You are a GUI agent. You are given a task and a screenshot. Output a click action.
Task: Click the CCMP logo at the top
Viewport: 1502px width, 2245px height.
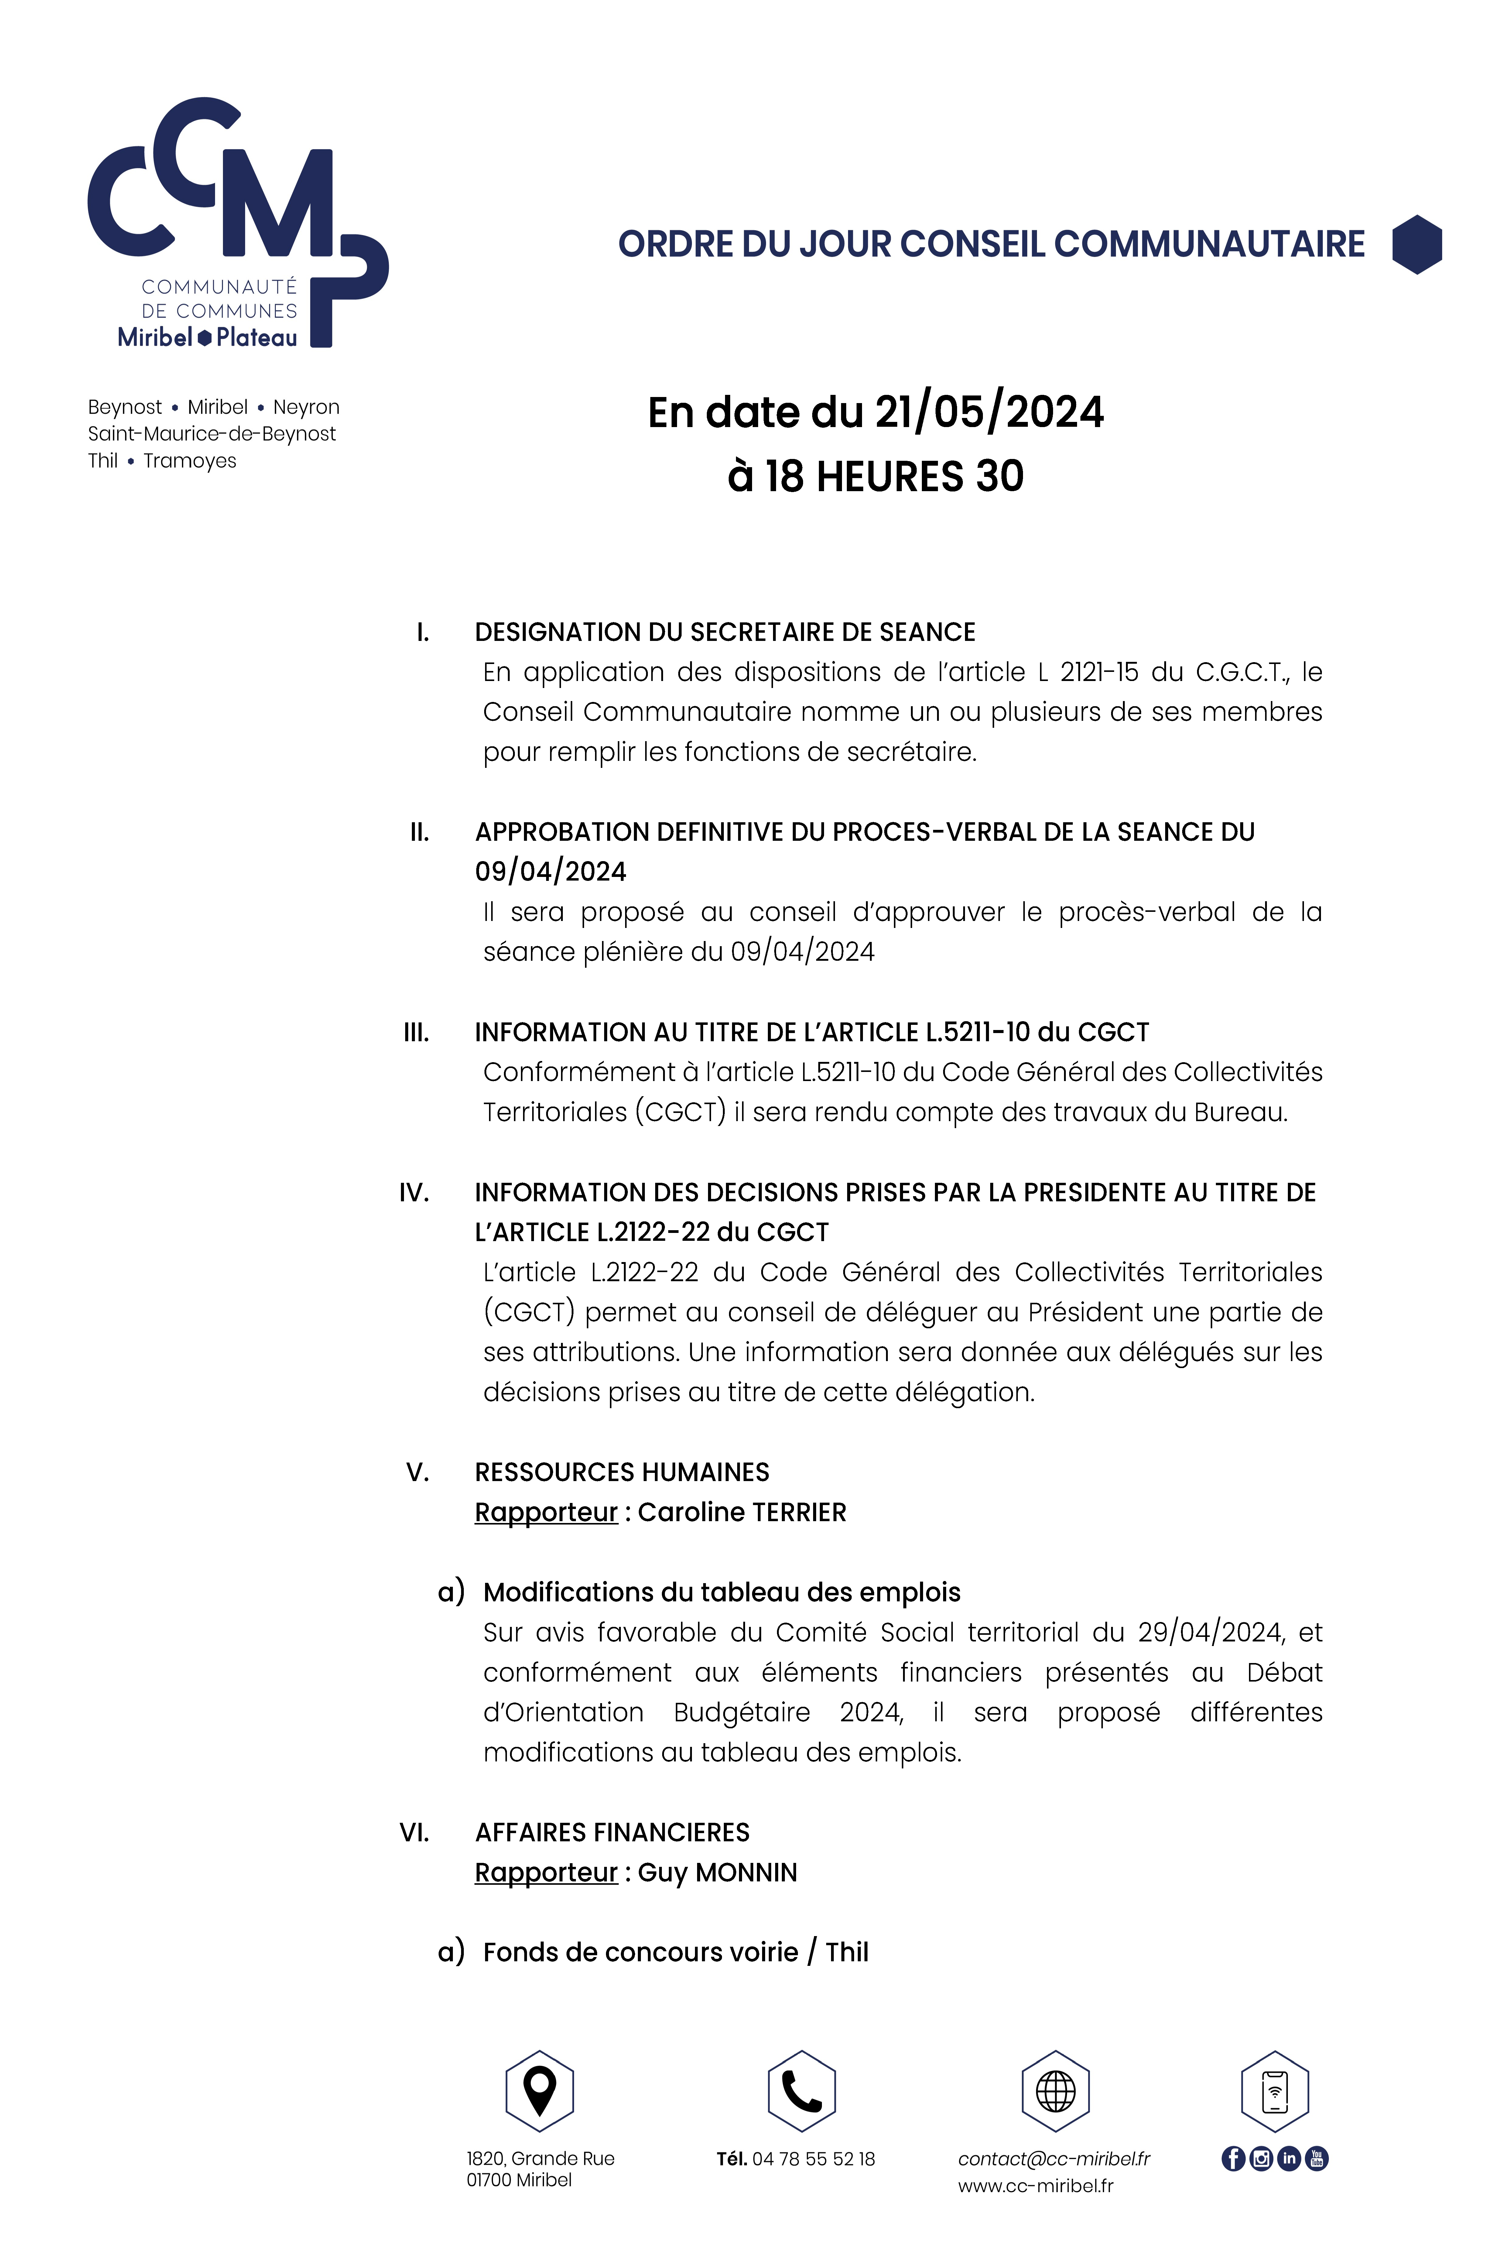pos(238,222)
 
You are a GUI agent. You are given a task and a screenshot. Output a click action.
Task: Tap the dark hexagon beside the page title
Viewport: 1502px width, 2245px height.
pos(1417,244)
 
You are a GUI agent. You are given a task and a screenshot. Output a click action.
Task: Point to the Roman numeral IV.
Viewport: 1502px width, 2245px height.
pos(414,1193)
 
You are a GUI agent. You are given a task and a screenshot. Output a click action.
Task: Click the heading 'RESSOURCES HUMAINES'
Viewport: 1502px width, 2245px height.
pos(622,1472)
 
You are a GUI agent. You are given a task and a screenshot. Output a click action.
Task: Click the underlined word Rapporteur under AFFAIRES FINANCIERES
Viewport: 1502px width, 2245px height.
pos(546,1872)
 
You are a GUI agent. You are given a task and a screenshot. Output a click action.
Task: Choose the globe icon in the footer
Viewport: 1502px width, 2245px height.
pos(1056,2091)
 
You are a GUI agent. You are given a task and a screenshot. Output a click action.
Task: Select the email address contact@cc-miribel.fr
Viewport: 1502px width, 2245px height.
pos(1054,2159)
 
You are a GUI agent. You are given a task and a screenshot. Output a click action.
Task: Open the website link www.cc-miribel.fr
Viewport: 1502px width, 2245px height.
pos(1035,2186)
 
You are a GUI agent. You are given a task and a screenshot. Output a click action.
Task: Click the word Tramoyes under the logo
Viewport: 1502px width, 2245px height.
pos(190,461)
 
